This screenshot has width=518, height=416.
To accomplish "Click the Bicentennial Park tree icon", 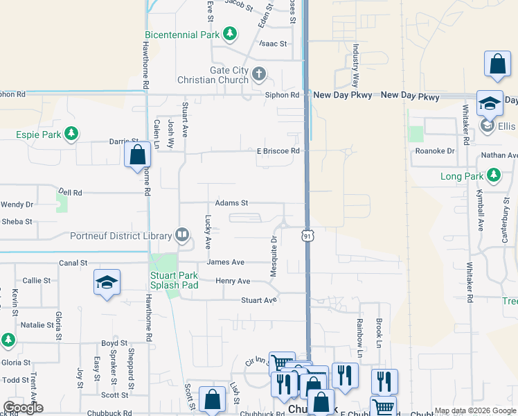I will point(230,34).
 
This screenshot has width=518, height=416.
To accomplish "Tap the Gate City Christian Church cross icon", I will point(259,73).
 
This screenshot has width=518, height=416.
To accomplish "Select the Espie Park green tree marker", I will point(71,132).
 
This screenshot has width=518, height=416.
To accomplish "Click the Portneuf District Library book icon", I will point(182,236).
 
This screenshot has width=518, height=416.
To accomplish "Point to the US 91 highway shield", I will point(307,236).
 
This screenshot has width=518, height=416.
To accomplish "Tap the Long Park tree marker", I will point(494,176).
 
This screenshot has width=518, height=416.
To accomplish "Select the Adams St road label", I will point(231,203).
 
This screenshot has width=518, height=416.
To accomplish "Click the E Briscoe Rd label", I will point(278,150).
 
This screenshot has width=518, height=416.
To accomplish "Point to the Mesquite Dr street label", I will point(274,248).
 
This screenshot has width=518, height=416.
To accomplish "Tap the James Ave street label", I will point(226,262).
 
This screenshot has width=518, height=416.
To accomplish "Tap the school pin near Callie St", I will point(107,282).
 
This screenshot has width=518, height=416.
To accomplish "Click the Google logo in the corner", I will point(23,408).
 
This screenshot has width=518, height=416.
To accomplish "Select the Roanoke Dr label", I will point(435,150).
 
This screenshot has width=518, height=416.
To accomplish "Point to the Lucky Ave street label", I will point(208,232).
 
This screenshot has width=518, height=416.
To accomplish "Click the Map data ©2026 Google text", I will point(474,410).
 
